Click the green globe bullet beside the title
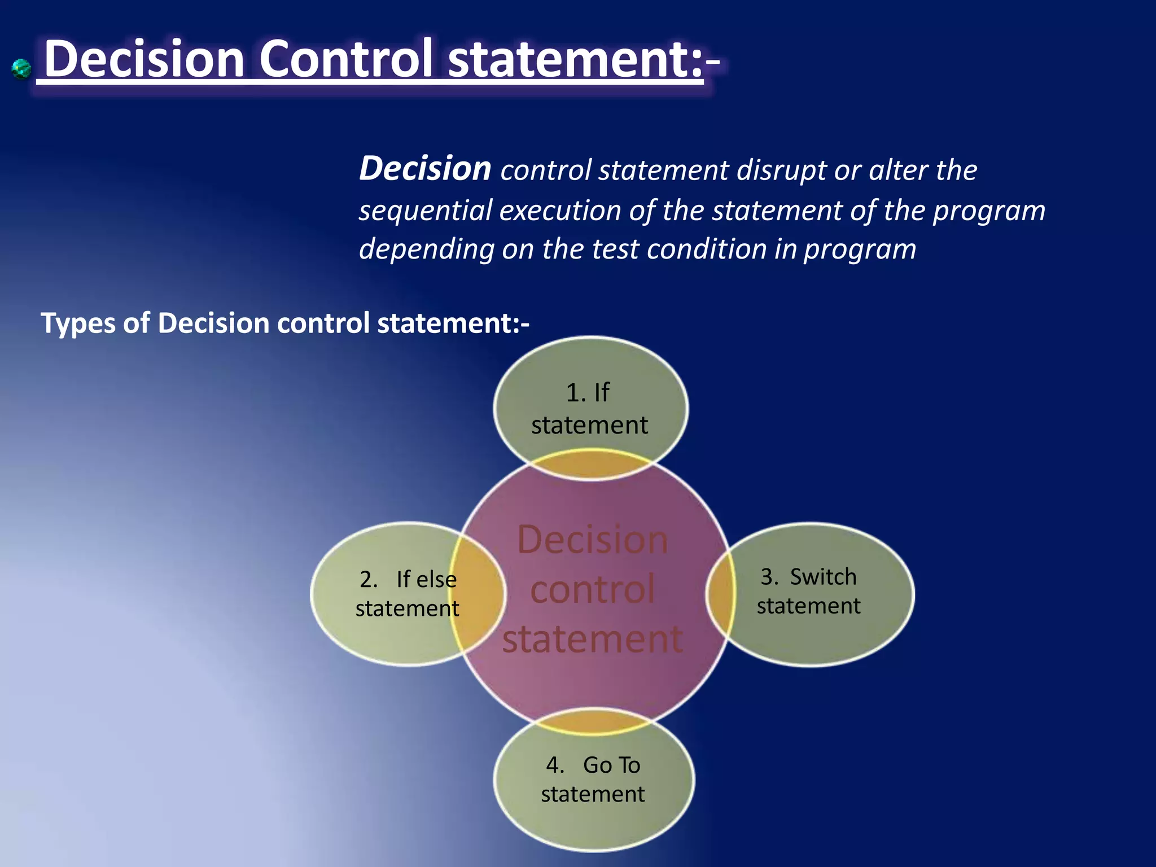21,69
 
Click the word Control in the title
346,60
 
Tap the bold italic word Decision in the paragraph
425,169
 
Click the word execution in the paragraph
560,211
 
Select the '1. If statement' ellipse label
589,409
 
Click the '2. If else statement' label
407,594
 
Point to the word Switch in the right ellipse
823,577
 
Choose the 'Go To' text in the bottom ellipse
611,765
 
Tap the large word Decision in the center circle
592,540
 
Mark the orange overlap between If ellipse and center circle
592,465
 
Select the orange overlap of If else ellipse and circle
478,594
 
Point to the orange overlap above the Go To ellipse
593,721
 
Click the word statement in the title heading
575,60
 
